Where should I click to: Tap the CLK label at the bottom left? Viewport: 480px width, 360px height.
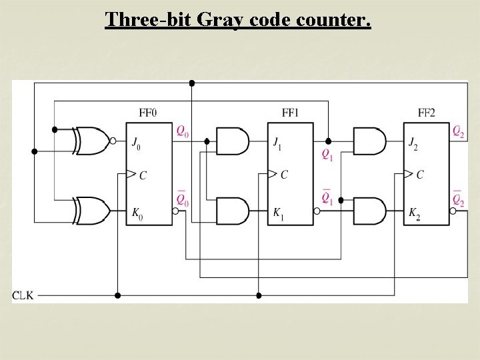(x=22, y=295)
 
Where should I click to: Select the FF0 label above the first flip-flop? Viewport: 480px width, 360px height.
(x=148, y=113)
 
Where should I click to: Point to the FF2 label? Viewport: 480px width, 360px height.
(x=426, y=113)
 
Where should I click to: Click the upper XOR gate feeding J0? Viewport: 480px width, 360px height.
(x=92, y=141)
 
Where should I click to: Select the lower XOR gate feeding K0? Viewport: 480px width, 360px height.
(x=92, y=211)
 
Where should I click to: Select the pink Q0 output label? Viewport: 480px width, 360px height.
(x=182, y=131)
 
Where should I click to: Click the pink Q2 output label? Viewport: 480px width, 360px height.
(x=458, y=131)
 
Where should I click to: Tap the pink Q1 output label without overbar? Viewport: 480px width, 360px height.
(x=327, y=155)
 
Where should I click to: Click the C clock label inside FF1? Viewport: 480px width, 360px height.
(x=284, y=175)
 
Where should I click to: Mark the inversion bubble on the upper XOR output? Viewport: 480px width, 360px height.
(x=113, y=141)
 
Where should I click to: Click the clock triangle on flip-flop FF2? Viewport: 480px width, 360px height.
(x=407, y=175)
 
